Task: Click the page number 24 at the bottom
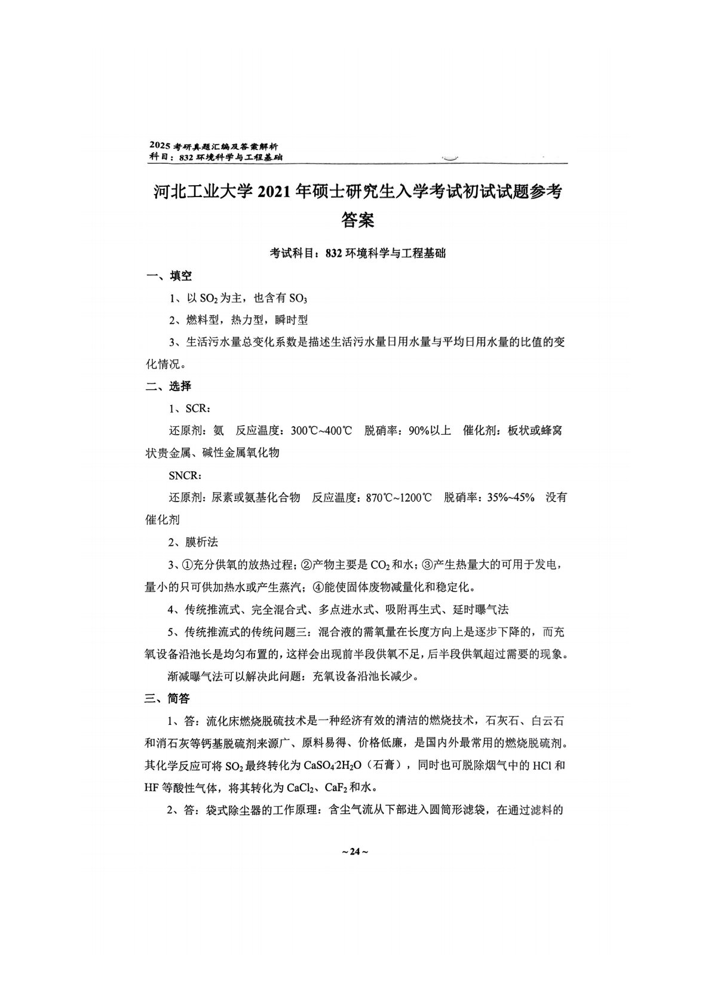[355, 852]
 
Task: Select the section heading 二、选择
[169, 386]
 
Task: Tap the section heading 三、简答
[169, 698]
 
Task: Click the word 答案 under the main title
[357, 220]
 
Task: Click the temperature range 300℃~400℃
[321, 431]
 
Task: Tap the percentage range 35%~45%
[511, 497]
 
